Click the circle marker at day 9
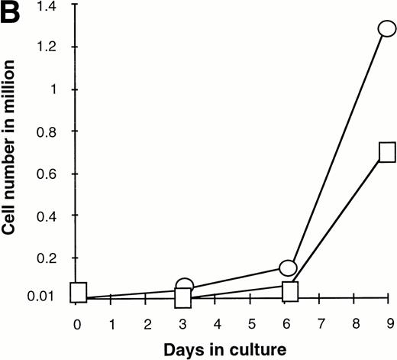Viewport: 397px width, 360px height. pos(387,29)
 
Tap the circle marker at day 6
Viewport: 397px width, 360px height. pos(288,268)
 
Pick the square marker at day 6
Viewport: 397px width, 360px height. pos(290,291)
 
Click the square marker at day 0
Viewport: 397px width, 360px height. pos(78,293)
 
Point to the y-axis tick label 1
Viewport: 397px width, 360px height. pos(62,89)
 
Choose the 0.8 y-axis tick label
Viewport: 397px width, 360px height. pos(56,131)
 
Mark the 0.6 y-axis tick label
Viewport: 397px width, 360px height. pos(56,174)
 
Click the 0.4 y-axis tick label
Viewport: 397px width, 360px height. pos(56,216)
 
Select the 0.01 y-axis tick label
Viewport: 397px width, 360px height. pos(53,297)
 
